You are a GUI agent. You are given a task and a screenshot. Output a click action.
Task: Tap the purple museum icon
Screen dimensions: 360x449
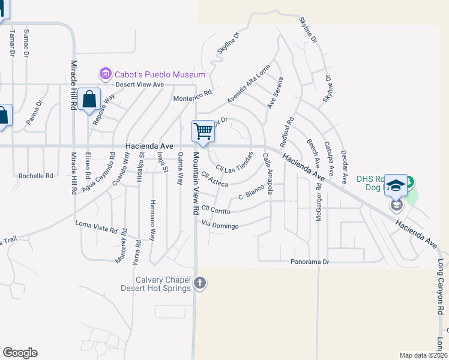pos(106,74)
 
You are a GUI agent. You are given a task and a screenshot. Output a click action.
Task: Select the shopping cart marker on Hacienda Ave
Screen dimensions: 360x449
pos(203,131)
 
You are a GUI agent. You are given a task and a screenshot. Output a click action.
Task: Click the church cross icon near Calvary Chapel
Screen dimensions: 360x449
pos(200,283)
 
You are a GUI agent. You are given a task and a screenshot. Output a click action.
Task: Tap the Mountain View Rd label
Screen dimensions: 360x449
pos(196,184)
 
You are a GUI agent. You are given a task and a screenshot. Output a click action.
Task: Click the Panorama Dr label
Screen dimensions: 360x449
pos(310,262)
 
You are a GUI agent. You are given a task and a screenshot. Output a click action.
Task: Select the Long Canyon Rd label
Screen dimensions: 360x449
pos(441,287)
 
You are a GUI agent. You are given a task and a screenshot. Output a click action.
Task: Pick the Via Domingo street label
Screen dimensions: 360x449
pos(220,226)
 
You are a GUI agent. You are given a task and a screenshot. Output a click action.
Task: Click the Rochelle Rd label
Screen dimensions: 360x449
pos(35,176)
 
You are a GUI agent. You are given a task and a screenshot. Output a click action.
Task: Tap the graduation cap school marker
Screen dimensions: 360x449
pos(396,186)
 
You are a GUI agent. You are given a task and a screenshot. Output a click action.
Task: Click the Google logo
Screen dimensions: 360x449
pos(20,353)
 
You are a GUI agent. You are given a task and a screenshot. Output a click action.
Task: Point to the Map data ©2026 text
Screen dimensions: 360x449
pos(423,355)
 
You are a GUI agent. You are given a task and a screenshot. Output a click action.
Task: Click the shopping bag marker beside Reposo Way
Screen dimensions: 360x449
pos(89,100)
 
